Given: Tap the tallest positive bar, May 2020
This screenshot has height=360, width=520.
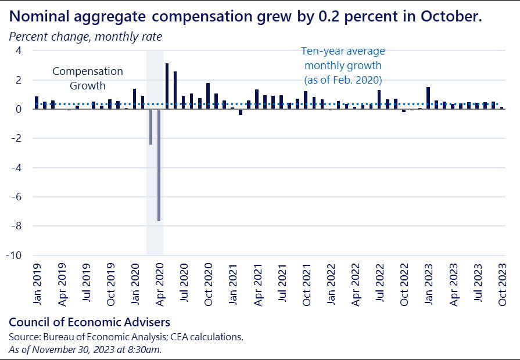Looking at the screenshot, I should pos(167,87).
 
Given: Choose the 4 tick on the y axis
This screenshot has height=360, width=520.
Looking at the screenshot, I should pos(18,51).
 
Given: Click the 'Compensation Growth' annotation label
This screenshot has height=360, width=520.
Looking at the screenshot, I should pos(88,78).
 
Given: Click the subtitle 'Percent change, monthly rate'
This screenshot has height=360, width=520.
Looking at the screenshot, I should pos(85,36).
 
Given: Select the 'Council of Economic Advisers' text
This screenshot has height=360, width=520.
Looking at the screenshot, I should pos(90,321).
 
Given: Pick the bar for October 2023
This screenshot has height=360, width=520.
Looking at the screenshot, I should pos(502,107).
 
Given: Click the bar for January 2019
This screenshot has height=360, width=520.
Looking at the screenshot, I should pos(37,103).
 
